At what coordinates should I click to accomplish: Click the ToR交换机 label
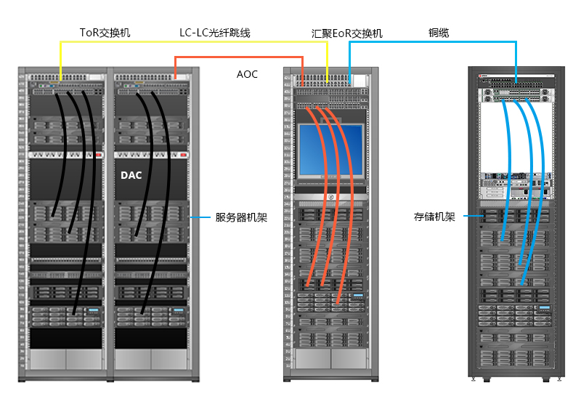click(x=105, y=33)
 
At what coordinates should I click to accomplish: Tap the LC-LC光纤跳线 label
click(x=215, y=33)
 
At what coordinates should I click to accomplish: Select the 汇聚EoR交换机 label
click(x=346, y=33)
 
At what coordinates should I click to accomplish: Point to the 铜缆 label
click(x=439, y=33)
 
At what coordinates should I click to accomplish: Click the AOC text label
click(x=247, y=74)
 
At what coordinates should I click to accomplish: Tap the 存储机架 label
click(x=434, y=217)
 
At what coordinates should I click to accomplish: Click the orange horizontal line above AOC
click(x=240, y=57)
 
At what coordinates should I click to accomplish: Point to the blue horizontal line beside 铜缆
click(x=436, y=42)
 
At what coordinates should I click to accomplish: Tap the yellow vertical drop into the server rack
click(x=60, y=61)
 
